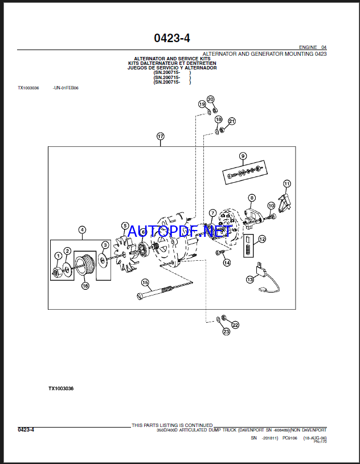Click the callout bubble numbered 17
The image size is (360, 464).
(161, 137)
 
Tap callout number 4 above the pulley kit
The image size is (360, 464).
(82, 230)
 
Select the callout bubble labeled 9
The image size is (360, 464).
(243, 156)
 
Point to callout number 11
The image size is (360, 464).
(287, 184)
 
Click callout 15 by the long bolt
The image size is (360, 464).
(145, 282)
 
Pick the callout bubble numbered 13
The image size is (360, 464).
(249, 280)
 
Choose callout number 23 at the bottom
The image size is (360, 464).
(226, 331)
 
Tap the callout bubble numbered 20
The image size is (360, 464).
(211, 100)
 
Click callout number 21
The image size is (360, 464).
(231, 121)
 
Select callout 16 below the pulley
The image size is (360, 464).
(85, 286)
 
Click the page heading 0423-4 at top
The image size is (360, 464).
(171, 38)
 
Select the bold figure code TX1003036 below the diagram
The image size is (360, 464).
(61, 388)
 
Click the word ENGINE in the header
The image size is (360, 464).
(308, 47)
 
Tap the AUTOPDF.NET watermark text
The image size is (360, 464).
(179, 231)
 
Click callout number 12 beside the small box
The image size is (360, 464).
(262, 239)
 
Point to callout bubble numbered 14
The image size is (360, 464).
(227, 262)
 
